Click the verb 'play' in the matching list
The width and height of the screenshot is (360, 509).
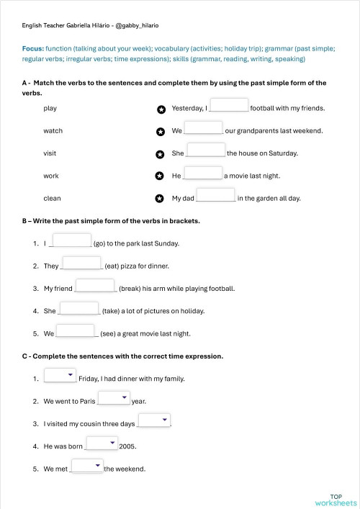coord(50,109)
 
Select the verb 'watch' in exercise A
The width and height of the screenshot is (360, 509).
coord(53,131)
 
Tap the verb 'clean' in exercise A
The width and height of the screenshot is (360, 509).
coord(52,199)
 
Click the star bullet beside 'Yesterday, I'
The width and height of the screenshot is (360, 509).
coord(161,109)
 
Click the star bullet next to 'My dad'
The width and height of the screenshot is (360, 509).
coord(161,199)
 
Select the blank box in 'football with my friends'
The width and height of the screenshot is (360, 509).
coord(229,105)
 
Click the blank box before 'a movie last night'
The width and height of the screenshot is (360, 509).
coord(203,173)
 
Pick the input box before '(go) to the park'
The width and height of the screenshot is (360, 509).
coord(73,240)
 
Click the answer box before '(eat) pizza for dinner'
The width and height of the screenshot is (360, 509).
coord(82,263)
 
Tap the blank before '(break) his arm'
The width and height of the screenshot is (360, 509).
coord(95,286)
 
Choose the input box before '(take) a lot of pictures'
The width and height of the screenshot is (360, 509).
coord(79,308)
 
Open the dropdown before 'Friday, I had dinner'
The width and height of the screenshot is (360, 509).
coord(60,375)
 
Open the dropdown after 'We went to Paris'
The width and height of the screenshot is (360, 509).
coord(113,397)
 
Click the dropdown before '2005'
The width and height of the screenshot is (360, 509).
coord(102,443)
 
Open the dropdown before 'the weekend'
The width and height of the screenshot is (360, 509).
coord(87,466)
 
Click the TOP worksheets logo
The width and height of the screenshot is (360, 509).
coord(336,500)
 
